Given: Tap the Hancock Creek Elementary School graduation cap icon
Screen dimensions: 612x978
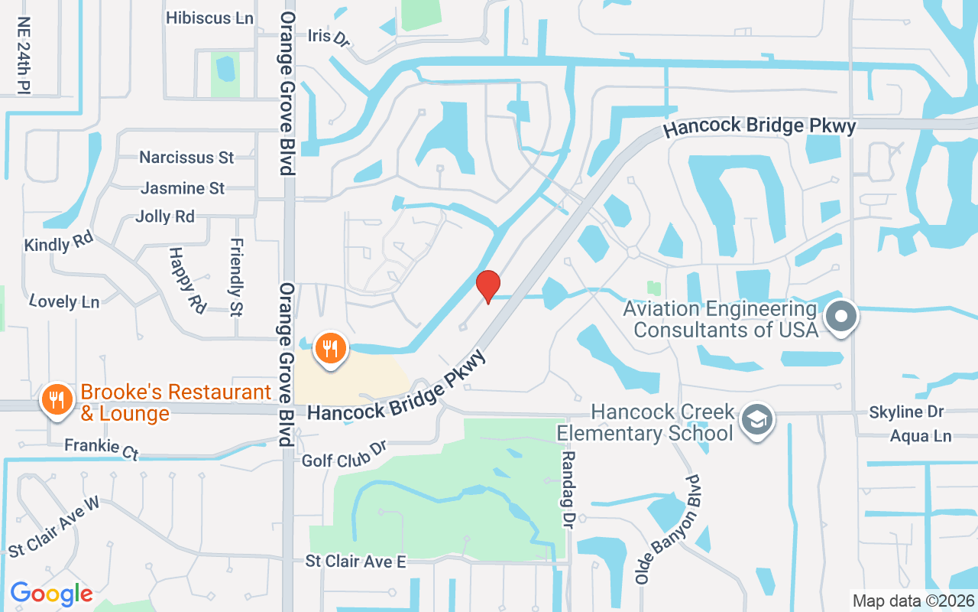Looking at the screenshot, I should pyautogui.click(x=757, y=418).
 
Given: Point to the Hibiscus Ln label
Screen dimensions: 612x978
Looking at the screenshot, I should pyautogui.click(x=209, y=18).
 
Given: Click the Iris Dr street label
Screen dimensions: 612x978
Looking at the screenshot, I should pyautogui.click(x=329, y=37).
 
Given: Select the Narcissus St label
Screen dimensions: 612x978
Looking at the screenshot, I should pyautogui.click(x=186, y=158).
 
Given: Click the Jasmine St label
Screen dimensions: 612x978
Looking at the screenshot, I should pyautogui.click(x=183, y=187).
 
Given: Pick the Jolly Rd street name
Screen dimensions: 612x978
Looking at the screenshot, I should pyautogui.click(x=165, y=216).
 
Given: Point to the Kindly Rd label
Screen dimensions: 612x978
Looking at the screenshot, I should pyautogui.click(x=58, y=243).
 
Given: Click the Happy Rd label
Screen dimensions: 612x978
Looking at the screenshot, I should pyautogui.click(x=187, y=279).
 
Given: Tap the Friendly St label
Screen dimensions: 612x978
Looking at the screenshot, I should pyautogui.click(x=236, y=277).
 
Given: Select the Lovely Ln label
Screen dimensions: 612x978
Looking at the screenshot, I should pyautogui.click(x=64, y=301).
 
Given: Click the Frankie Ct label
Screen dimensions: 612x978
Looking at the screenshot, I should pyautogui.click(x=101, y=448).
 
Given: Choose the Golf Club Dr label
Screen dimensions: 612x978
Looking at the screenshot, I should pyautogui.click(x=345, y=453).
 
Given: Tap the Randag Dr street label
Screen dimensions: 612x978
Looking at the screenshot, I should pyautogui.click(x=568, y=490).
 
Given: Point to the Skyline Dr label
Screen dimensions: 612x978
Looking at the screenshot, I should pyautogui.click(x=906, y=412).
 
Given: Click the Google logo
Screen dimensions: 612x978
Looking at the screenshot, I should pyautogui.click(x=51, y=593).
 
